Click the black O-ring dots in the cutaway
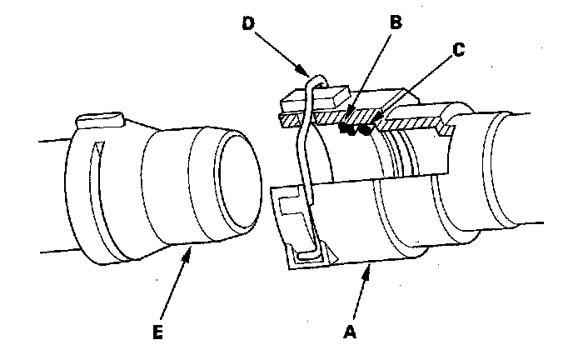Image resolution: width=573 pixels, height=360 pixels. tap(354, 129)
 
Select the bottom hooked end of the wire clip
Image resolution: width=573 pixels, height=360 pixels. tap(313, 251)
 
